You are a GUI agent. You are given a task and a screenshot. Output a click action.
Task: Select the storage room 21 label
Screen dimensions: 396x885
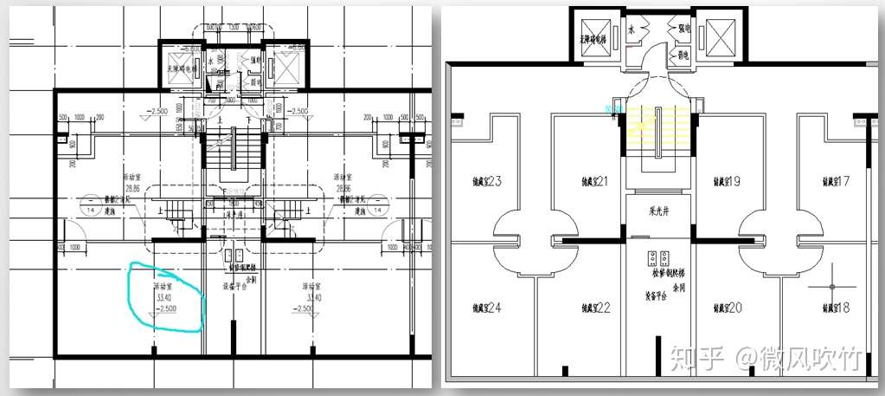pos(595,182)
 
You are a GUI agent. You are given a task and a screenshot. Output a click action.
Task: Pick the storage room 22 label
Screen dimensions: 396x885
pos(595,308)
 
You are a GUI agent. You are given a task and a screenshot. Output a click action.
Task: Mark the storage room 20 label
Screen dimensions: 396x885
pos(722,308)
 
